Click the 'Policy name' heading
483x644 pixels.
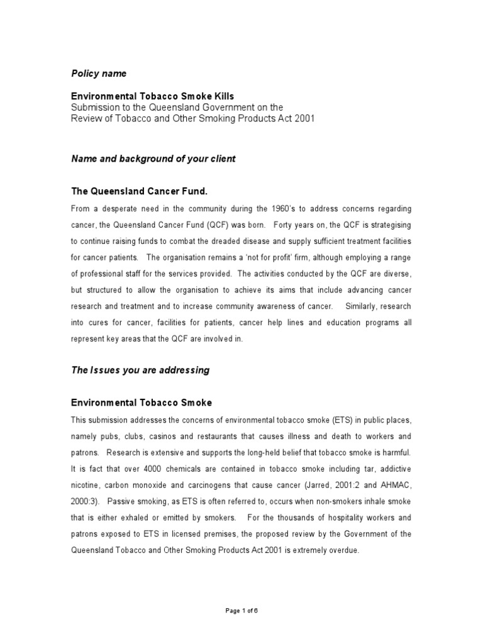pos(98,74)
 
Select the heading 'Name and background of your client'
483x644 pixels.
pos(153,159)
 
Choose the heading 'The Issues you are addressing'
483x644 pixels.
pos(140,370)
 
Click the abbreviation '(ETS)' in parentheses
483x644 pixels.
pos(323,419)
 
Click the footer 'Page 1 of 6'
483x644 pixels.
pos(241,611)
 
